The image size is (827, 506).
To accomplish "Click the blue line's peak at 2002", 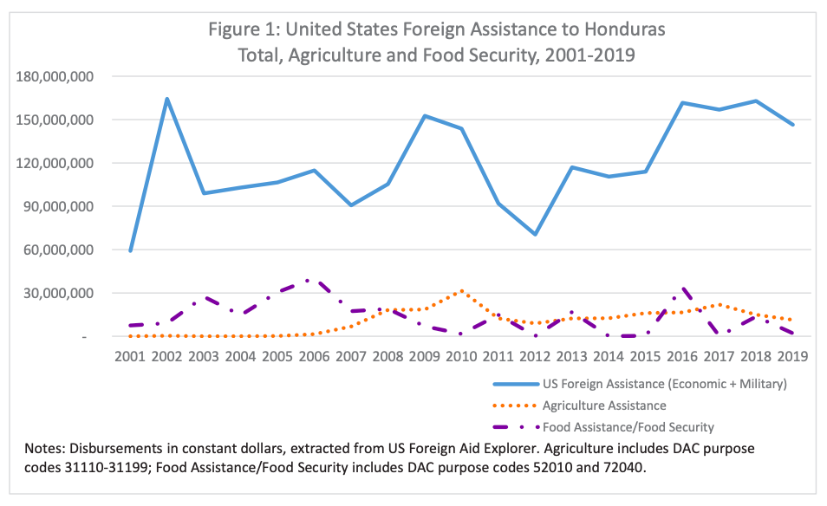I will [166, 99].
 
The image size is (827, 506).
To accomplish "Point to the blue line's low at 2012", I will [535, 234].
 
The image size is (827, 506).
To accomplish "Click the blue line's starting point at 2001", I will [130, 250].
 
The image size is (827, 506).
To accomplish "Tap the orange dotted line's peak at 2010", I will [462, 291].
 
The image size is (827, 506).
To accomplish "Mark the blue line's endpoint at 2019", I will [793, 125].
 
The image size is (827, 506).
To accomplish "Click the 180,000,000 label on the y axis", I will [55, 76].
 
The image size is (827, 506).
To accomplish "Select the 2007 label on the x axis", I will [351, 356].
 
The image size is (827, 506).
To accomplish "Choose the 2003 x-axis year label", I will [204, 356].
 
